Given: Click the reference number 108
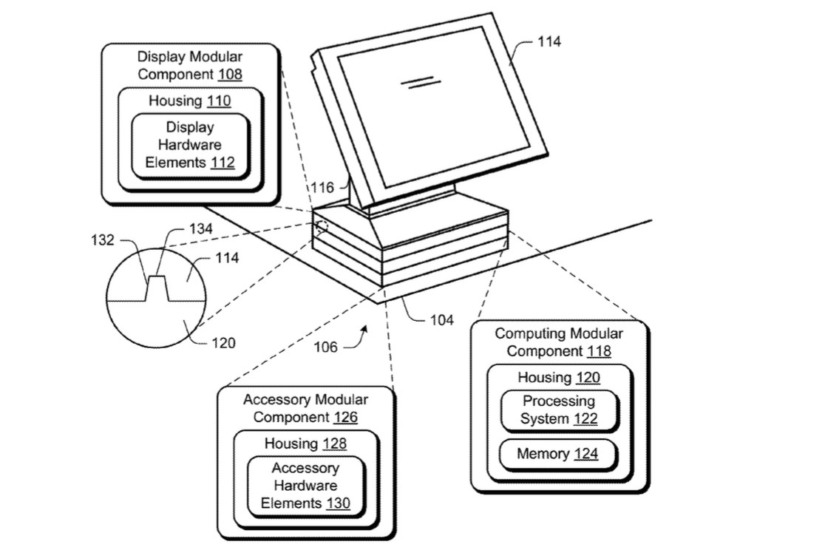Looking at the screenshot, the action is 230,74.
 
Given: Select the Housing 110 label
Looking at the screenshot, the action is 189,101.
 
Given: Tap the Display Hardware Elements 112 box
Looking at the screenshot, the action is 190,146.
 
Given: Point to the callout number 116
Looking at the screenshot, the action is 322,187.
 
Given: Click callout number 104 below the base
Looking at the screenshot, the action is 441,320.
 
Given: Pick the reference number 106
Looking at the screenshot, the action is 326,347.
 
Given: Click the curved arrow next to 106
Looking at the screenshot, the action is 356,339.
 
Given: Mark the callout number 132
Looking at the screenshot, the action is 103,240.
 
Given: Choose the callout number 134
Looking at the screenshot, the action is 201,228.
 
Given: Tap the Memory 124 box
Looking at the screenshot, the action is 557,454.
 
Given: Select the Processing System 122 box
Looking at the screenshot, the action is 559,410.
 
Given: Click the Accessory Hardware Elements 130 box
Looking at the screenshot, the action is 306,486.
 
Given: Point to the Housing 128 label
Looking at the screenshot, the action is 305,444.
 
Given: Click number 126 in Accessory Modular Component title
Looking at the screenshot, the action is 346,418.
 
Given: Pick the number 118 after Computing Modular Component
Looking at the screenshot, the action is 600,351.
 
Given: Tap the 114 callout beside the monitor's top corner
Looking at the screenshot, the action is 549,41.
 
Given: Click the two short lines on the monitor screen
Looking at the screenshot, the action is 421,83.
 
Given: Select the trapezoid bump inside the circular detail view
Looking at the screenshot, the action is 157,288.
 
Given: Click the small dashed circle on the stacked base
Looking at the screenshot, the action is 321,228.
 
